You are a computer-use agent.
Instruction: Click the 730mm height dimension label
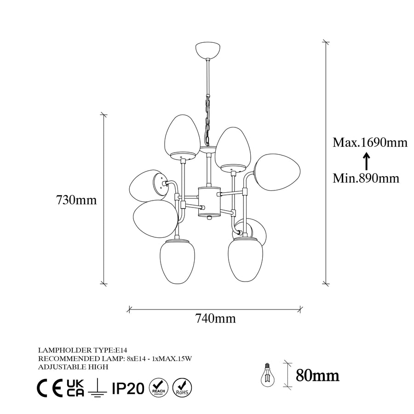click(76, 200)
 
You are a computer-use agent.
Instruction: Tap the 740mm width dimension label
click(215, 318)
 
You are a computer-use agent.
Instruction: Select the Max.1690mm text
click(370, 143)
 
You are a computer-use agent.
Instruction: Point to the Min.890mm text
click(366, 178)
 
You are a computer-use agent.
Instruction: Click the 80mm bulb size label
click(317, 375)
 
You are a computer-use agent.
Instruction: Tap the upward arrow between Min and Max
click(366, 161)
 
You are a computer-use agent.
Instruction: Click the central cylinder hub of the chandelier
click(209, 201)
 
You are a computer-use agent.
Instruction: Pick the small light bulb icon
click(267, 374)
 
